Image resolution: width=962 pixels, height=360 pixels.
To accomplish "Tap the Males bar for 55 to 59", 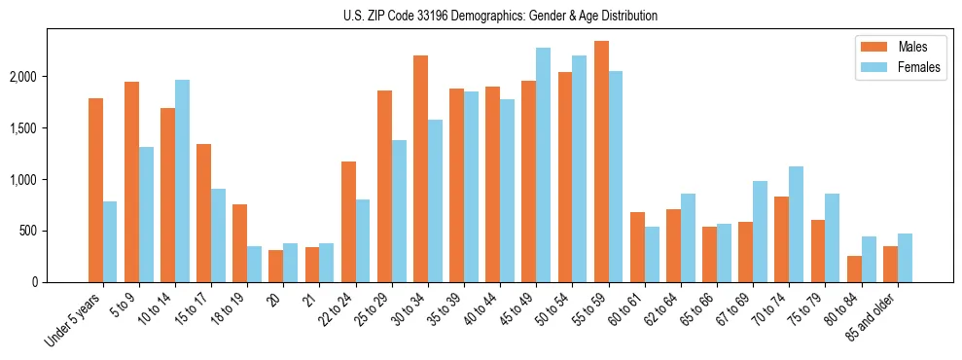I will (601, 162).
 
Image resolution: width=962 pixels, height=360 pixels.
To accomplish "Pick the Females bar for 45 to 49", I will (543, 165).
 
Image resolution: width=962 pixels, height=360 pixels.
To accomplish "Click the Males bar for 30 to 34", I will (420, 169).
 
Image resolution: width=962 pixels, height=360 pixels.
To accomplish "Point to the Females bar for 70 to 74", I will (796, 225).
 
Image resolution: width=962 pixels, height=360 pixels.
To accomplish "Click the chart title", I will (500, 16).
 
